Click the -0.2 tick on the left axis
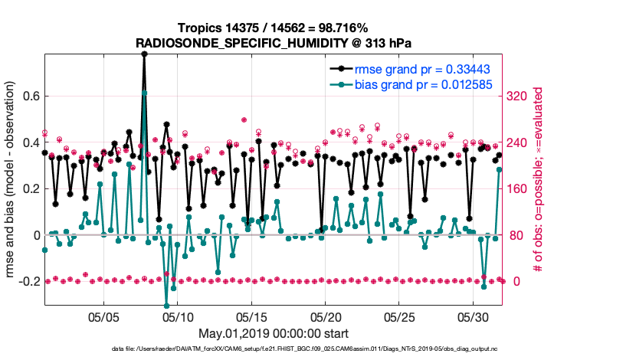click(29, 281)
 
